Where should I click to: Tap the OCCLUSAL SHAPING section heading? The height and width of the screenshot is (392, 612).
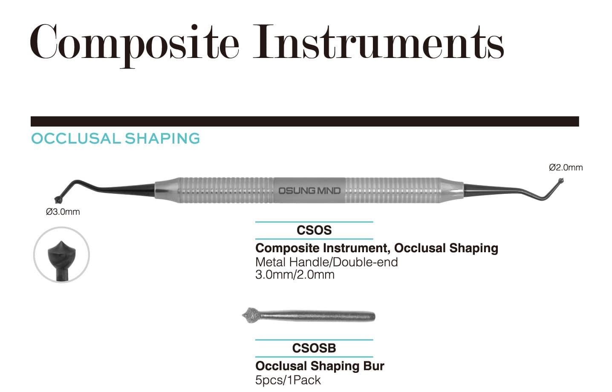(x=115, y=138)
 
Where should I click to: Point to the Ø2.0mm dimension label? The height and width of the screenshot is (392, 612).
(x=566, y=167)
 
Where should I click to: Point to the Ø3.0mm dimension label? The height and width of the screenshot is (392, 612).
(x=63, y=212)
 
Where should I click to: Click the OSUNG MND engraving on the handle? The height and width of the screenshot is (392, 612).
(x=309, y=190)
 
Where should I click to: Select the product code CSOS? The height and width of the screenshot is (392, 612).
(x=314, y=230)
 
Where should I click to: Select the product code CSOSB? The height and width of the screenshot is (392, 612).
(x=314, y=348)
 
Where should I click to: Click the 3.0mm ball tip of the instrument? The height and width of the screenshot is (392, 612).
(x=58, y=200)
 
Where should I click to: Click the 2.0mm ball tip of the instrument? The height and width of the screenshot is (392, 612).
(x=560, y=180)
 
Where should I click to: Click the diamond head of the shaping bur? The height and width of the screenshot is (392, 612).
(x=251, y=315)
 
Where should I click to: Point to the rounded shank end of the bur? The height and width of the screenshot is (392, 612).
(x=372, y=317)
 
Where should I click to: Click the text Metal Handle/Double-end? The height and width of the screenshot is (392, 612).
(x=326, y=262)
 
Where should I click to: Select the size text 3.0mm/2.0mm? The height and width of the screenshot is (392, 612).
(x=295, y=274)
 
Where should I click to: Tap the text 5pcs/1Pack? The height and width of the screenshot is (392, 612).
(x=288, y=380)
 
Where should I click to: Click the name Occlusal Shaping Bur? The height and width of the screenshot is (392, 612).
(x=320, y=366)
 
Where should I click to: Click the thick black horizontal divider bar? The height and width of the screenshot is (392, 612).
(x=305, y=121)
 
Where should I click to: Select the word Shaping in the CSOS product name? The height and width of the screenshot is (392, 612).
(x=473, y=248)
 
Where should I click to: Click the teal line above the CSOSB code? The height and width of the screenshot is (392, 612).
(x=314, y=340)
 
